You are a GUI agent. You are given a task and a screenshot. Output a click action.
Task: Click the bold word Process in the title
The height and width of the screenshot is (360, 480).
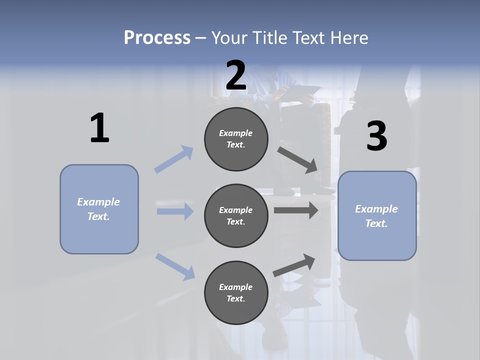click(157, 37)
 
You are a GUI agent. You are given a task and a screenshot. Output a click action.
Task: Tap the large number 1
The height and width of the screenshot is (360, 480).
click(99, 128)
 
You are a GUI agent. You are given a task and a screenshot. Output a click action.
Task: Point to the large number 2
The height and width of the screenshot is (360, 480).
click(236, 75)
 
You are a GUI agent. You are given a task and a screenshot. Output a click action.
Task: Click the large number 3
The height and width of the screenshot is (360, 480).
click(376, 136)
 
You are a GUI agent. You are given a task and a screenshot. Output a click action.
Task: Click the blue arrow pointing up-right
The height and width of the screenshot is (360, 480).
click(174, 159)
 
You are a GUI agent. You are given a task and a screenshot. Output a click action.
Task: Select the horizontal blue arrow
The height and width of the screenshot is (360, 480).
click(175, 211)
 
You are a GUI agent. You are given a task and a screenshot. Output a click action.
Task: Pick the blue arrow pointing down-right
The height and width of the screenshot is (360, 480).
click(175, 266)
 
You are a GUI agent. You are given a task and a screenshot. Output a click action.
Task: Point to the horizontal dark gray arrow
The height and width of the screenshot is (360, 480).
click(296, 210)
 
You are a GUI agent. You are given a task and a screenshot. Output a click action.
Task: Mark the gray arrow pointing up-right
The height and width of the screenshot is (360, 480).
click(294, 265)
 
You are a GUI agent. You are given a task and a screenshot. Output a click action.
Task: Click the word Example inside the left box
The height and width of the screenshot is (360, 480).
click(98, 202)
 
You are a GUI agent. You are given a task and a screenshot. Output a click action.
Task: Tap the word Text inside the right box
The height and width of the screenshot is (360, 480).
click(376, 223)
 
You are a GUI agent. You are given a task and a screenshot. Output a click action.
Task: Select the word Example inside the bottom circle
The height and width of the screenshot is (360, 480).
click(235, 287)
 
